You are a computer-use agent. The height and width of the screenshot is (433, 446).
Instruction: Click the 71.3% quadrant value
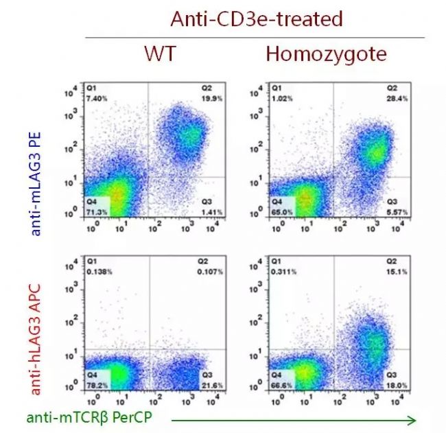coord(97,212)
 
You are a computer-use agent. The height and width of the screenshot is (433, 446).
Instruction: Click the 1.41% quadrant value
coord(211,212)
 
